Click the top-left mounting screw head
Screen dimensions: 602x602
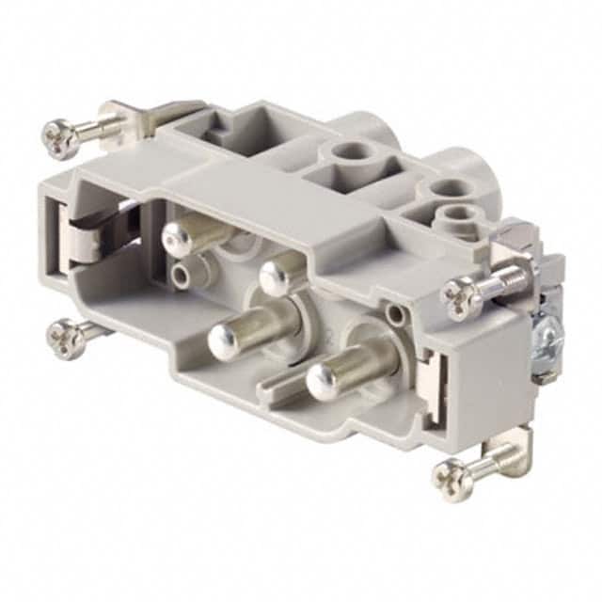pyautogui.click(x=60, y=137)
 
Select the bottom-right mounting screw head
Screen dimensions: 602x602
pyautogui.click(x=453, y=480)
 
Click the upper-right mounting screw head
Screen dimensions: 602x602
pyautogui.click(x=462, y=298)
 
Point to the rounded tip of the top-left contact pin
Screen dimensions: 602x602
pyautogui.click(x=177, y=240)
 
